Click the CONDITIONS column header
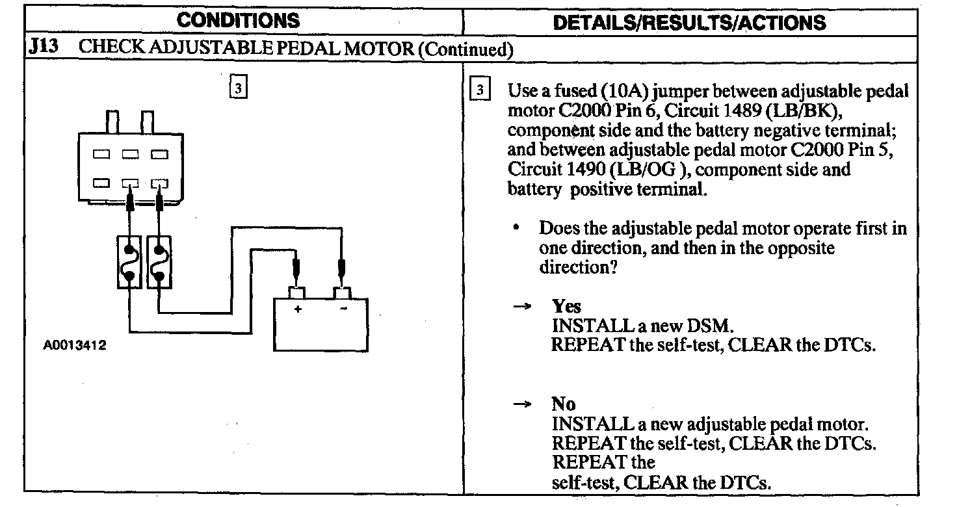pyautogui.click(x=239, y=20)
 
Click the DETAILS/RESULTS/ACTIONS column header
pyautogui.click(x=688, y=21)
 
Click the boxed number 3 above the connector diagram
pyautogui.click(x=239, y=87)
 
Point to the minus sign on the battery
pyautogui.click(x=343, y=309)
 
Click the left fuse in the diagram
pyautogui.click(x=130, y=262)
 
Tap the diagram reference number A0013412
pyautogui.click(x=75, y=346)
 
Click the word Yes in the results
pyautogui.click(x=566, y=306)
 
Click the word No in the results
pyautogui.click(x=564, y=404)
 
